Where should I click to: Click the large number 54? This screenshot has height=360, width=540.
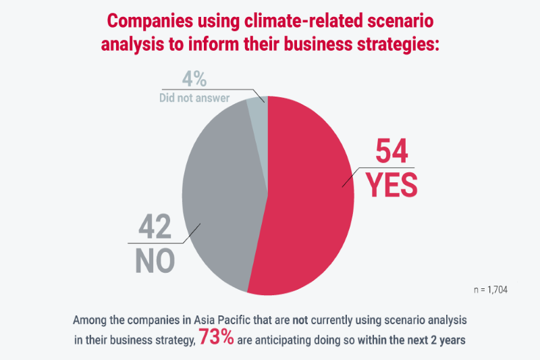[x=391, y=153]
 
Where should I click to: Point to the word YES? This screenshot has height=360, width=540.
[x=392, y=185]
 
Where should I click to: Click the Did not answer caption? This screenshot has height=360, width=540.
[x=195, y=99]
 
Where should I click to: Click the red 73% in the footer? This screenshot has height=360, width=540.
[x=216, y=338]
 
